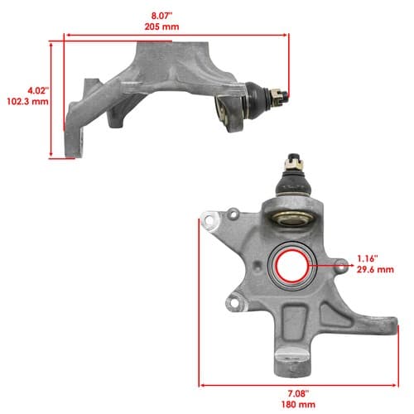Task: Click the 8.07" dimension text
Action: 161,16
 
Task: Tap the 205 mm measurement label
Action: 161,26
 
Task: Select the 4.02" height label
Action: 38,91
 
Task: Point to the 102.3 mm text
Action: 27,102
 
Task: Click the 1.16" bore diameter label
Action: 368,258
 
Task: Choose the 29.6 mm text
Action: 375,269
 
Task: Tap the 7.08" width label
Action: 298,393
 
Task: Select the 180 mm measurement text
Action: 298,405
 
